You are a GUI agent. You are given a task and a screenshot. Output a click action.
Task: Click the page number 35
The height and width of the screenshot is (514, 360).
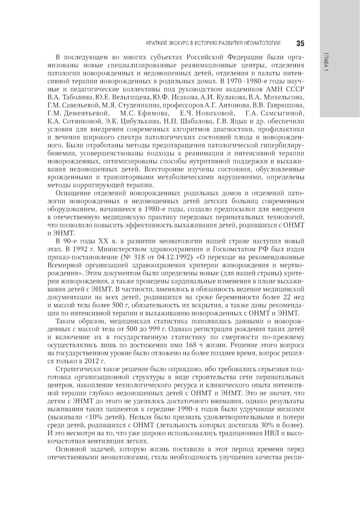click(300, 44)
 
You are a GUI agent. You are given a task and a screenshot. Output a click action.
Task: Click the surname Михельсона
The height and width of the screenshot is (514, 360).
click(284, 97)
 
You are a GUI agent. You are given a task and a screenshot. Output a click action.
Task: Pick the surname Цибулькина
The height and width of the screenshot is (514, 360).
click(136, 121)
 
